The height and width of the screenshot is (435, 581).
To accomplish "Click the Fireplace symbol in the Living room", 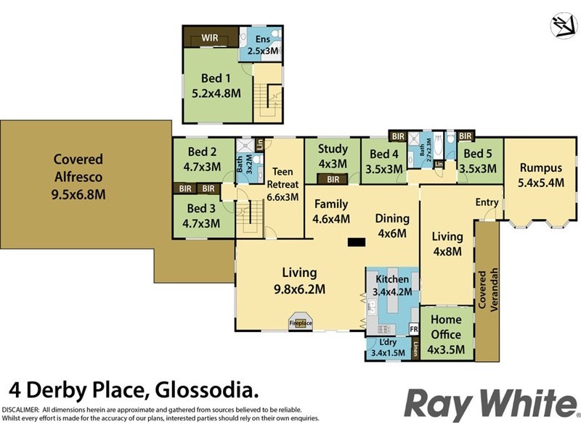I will (x=301, y=323).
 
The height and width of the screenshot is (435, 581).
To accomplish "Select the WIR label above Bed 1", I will (x=211, y=36).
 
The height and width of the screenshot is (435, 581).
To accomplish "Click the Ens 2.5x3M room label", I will (x=261, y=45).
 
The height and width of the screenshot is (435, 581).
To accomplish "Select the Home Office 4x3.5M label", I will (x=447, y=327).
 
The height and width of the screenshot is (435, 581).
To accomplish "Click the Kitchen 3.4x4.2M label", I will (x=392, y=286).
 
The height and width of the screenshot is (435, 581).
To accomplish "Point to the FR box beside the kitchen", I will (x=414, y=328).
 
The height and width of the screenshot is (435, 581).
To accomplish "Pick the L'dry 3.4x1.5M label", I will (x=389, y=347).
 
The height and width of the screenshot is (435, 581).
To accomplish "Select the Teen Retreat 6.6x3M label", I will (x=282, y=184).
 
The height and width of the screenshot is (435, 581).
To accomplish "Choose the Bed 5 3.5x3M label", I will (x=479, y=161).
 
